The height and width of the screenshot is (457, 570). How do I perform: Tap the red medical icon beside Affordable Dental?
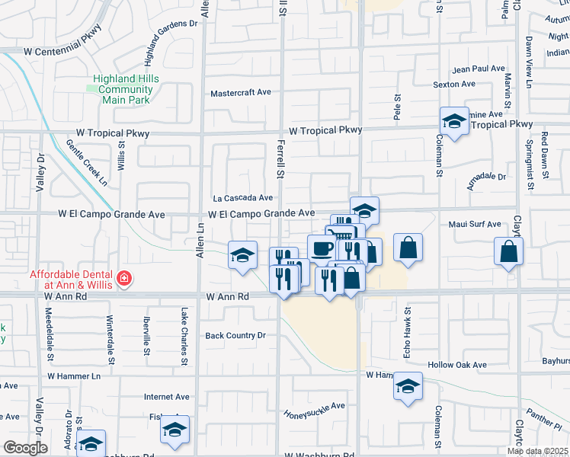pos(123,281)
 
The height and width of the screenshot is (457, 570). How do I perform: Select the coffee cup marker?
pos(321,248)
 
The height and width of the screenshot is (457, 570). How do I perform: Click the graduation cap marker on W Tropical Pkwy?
pos(454,121)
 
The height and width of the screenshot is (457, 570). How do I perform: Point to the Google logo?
pos(25,448)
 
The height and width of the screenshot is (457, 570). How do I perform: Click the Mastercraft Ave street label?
pos(241,93)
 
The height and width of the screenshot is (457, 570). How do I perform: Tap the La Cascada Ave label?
pos(242,198)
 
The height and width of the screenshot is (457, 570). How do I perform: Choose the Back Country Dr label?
pos(235,335)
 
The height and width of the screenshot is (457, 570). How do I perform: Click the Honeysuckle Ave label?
pos(315,410)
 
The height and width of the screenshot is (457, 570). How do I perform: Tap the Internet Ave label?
pos(167,397)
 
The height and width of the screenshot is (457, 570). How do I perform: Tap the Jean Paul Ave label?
pos(479,69)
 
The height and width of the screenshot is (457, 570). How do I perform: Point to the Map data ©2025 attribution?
pos(538,451)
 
